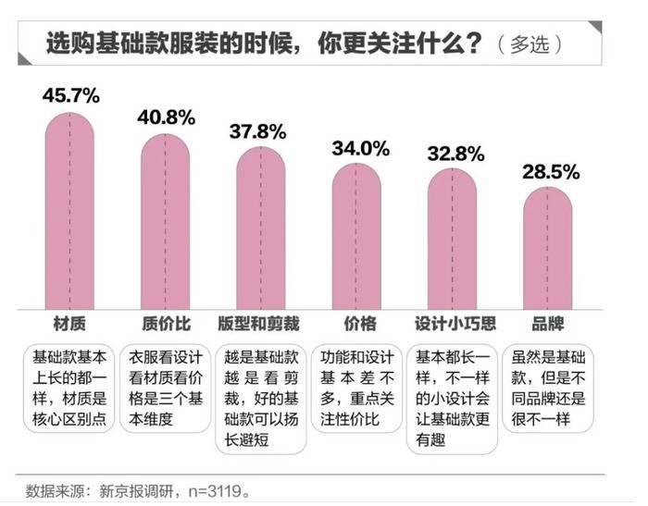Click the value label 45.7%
pos(71,95)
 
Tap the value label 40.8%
pos(166,117)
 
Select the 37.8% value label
pos(260,130)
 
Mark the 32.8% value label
pos(452,153)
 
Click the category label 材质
pos(69,324)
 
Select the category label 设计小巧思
pos(452,324)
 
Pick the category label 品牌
pos(547,324)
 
